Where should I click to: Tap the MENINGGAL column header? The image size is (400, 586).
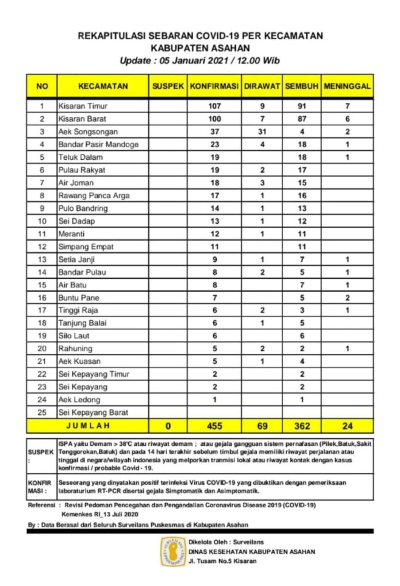tap(347, 86)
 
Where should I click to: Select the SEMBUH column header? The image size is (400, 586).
tap(302, 86)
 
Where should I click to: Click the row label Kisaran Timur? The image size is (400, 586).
tap(83, 106)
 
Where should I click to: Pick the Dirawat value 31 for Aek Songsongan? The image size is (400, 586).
tap(261, 132)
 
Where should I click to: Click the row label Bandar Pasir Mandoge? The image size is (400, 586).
tap(98, 144)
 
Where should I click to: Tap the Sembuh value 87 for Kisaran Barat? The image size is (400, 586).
tap(302, 119)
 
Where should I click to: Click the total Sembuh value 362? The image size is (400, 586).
tap(302, 426)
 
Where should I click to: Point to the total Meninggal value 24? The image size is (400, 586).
tap(347, 426)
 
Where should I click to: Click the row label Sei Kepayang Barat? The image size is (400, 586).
tap(93, 412)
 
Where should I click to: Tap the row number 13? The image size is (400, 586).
tap(41, 259)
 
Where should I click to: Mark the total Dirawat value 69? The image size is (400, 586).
tap(261, 426)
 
